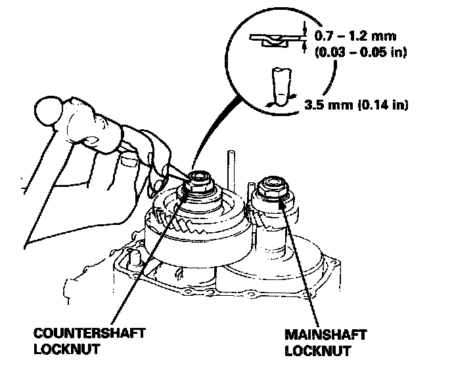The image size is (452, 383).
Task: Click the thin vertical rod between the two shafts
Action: click(231, 167)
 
